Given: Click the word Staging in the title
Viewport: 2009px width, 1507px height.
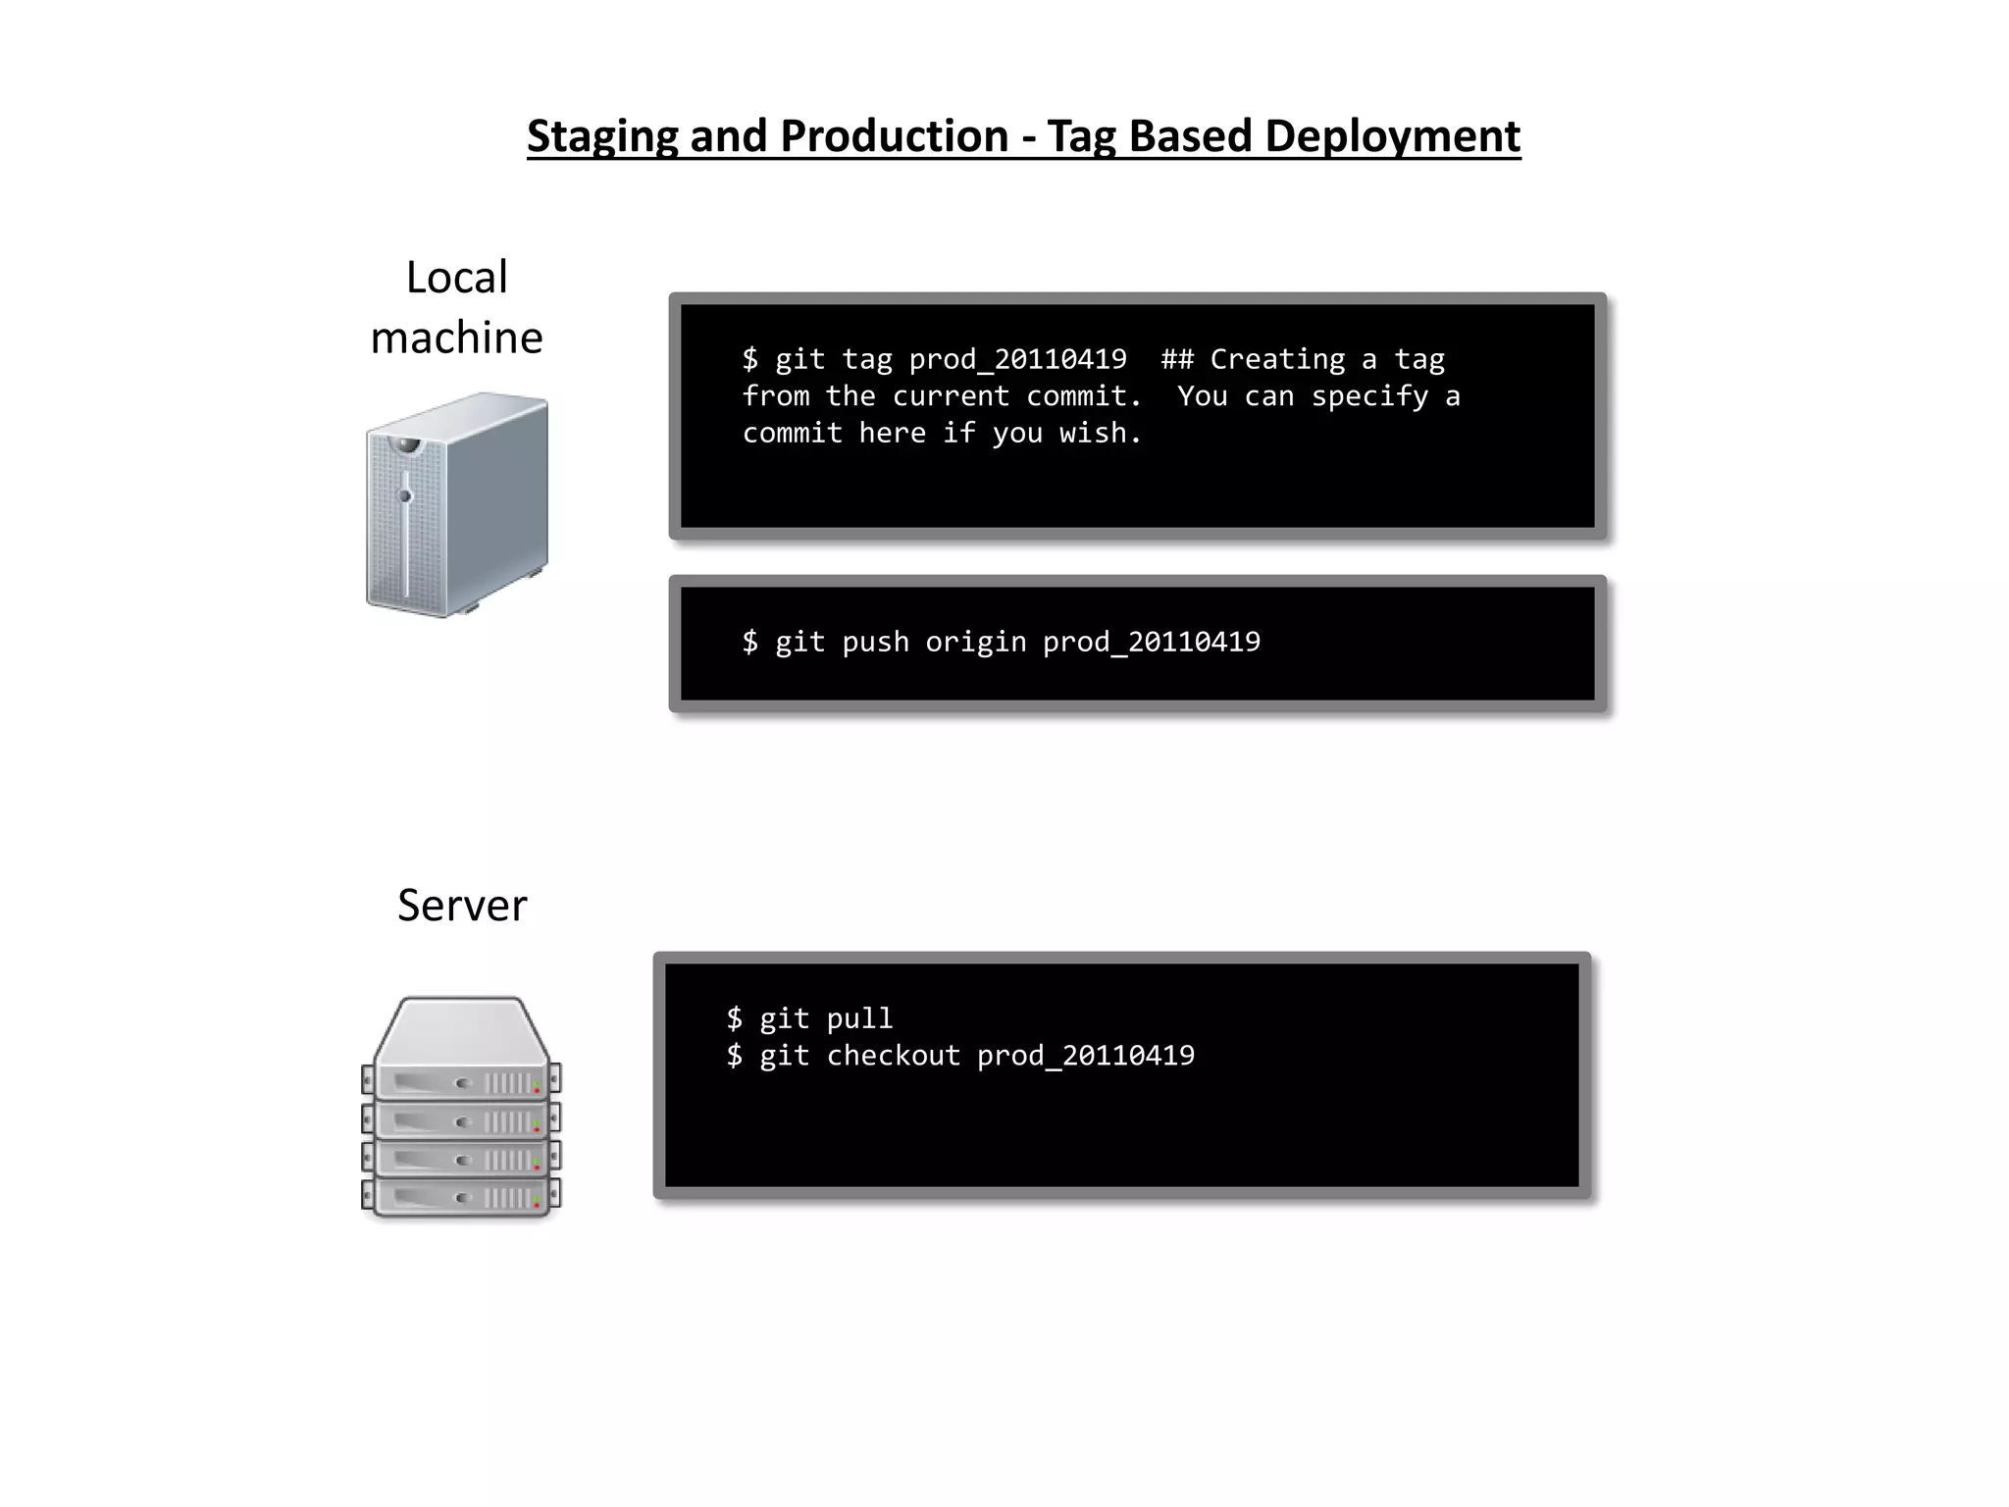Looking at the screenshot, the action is [601, 137].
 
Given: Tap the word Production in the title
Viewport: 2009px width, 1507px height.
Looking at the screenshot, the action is [894, 135].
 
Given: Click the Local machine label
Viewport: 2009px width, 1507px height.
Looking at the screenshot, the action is [457, 307].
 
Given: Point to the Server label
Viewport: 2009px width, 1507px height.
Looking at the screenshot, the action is [462, 905].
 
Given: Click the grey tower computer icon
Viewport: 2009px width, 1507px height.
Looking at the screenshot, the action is [457, 504].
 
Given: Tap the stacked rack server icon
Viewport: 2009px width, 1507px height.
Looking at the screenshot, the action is [461, 1108].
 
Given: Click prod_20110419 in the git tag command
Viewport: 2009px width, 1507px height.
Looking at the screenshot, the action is [1017, 360].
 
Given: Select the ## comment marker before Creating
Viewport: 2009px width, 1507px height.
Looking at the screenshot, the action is [1177, 359].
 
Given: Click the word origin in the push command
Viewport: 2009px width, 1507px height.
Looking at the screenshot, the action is [975, 642].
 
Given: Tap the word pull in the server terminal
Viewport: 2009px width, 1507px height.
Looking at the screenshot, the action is [859, 1018].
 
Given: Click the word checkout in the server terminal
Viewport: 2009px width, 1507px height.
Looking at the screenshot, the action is [893, 1056].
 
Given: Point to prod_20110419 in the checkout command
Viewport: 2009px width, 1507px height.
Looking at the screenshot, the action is [1086, 1057].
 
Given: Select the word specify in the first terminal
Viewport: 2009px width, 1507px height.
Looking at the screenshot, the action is [1369, 396].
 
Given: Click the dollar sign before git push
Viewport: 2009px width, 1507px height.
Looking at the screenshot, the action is [750, 642].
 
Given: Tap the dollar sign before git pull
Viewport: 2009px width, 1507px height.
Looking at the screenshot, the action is [735, 1018].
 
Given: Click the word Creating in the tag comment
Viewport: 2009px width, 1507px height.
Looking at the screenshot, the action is [1277, 359].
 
